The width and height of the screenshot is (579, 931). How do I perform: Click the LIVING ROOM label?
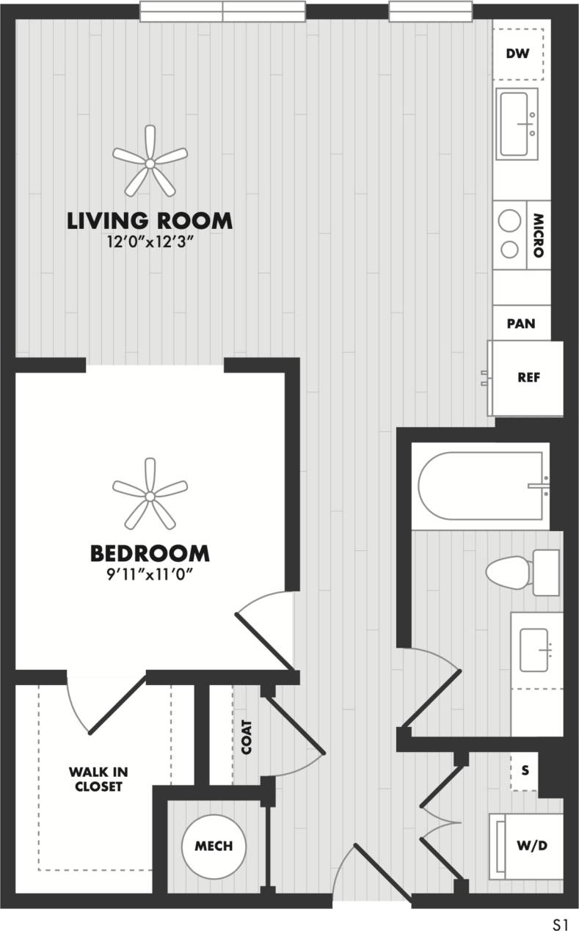pos(150,220)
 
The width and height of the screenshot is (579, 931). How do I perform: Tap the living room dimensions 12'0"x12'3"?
pos(150,241)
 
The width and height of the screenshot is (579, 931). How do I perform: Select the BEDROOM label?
pos(150,552)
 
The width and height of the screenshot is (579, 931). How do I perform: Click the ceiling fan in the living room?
pos(150,161)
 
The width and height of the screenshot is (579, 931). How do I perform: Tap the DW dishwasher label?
pos(518,54)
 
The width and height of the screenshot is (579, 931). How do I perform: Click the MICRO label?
pos(537,235)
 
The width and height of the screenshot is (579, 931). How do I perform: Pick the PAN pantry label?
pos(521,324)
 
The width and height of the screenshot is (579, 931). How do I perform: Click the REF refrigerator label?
pos(528,378)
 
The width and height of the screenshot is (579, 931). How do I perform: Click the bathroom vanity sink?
pos(536,649)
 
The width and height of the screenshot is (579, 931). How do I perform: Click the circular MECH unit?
pos(214,846)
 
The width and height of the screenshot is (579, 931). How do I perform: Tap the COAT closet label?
pos(246,737)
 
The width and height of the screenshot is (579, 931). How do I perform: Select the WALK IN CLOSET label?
pos(95,779)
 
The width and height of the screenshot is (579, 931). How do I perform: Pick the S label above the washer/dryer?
pos(524,771)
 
